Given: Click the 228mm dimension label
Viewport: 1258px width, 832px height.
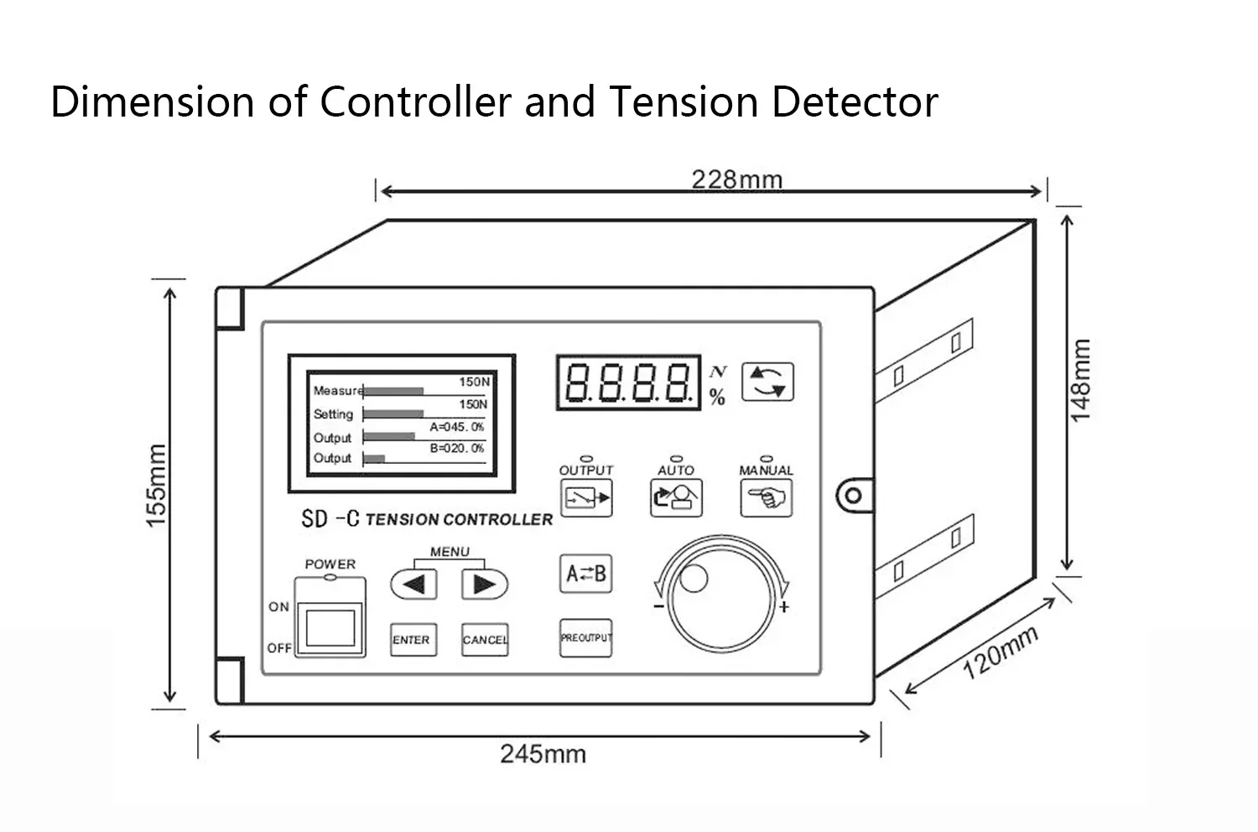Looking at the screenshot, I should tap(736, 179).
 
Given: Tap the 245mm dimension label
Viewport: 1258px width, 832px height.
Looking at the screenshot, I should tap(543, 753).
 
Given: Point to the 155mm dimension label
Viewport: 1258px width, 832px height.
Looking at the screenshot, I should tap(157, 486).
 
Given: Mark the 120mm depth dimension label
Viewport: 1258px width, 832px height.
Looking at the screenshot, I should tap(1000, 653).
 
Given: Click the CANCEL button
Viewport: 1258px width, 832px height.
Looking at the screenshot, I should tap(485, 640).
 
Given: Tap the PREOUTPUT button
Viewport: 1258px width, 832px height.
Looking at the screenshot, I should tap(586, 638).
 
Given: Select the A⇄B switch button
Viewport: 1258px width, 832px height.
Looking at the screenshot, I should tap(586, 574).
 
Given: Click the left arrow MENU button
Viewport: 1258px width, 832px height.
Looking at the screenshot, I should tap(413, 584).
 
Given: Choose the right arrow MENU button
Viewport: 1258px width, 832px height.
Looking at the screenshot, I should tap(485, 584).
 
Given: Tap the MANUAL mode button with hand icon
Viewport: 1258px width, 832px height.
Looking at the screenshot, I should tap(766, 498).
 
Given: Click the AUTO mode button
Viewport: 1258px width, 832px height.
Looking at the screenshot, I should tap(676, 498).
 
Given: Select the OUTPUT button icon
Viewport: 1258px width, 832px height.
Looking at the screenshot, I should tap(586, 498).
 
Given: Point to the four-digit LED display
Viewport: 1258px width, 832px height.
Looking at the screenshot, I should tap(628, 382).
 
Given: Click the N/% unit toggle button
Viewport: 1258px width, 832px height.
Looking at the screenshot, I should tap(767, 382).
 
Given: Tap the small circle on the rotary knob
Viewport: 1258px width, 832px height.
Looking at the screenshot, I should tap(694, 578).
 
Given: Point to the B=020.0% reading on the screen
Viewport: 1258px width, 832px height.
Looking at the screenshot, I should tap(457, 449).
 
